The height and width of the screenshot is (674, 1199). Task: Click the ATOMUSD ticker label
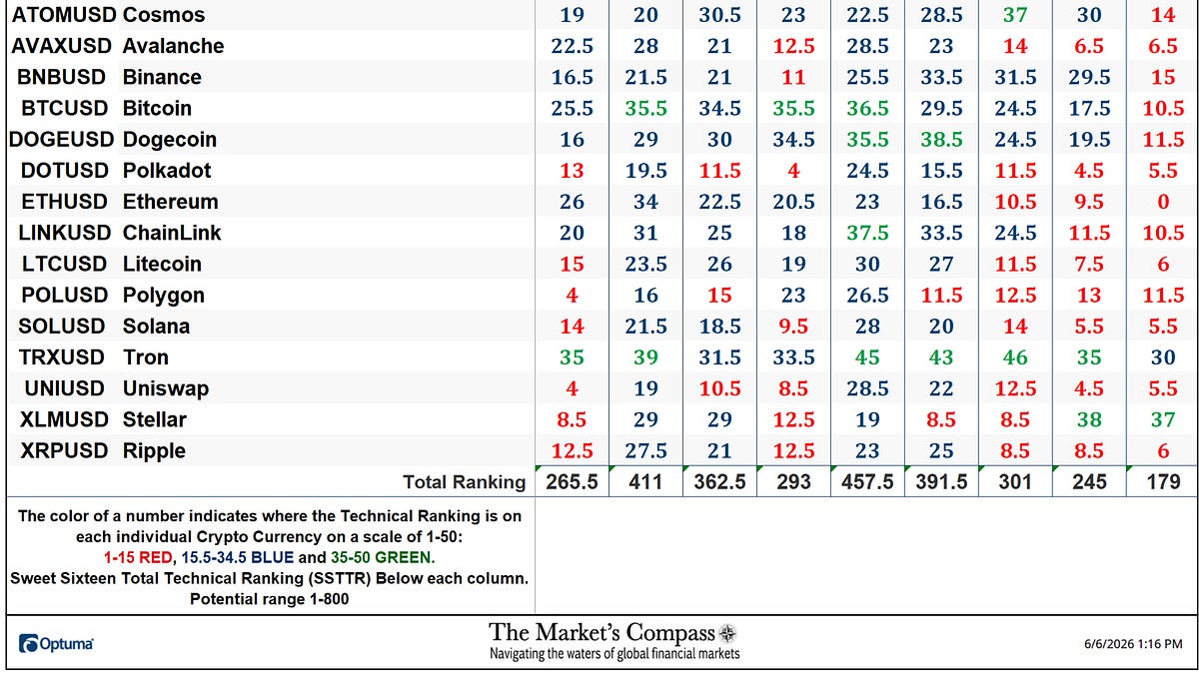(64, 15)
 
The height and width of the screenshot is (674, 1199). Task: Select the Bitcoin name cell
(157, 109)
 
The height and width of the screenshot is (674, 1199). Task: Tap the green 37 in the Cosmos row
(1015, 15)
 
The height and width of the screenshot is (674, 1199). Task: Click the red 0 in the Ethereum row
(1163, 202)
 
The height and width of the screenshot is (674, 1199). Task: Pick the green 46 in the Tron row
(1015, 357)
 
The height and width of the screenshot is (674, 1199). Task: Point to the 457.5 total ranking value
(867, 482)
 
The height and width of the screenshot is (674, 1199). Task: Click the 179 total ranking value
(1163, 482)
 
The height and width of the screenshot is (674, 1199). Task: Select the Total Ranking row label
(464, 482)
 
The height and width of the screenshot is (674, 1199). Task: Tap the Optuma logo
(56, 643)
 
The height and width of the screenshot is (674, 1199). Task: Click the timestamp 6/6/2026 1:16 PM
(1133, 644)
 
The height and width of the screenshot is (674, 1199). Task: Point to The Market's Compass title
(601, 633)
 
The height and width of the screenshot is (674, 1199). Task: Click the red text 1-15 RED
(138, 558)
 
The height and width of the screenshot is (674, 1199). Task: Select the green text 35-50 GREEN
(381, 558)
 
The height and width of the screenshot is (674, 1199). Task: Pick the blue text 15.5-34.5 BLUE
(237, 558)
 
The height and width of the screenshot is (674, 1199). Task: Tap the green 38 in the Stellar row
(1089, 420)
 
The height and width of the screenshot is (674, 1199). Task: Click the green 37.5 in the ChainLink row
(867, 233)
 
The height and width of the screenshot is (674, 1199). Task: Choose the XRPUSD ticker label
(64, 451)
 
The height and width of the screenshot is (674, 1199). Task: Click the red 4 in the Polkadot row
(793, 171)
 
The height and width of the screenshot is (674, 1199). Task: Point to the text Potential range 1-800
(269, 599)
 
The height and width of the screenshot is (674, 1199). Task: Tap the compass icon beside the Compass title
(727, 634)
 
